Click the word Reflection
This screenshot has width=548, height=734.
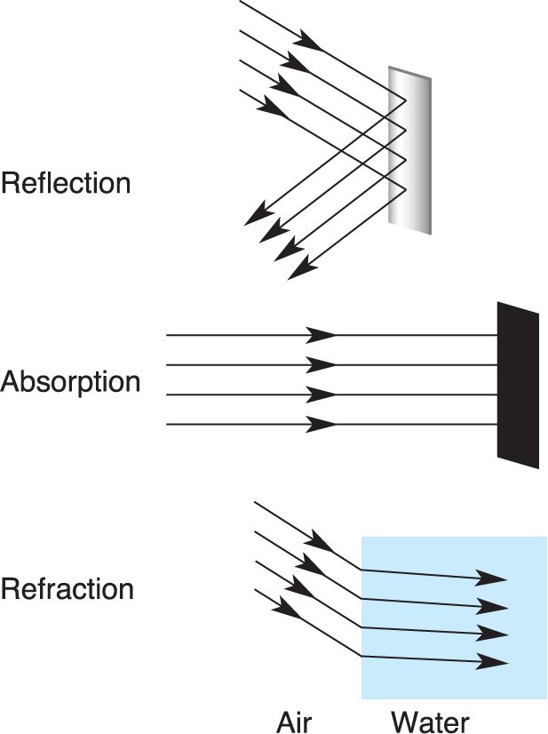click(x=66, y=182)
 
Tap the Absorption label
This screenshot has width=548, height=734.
click(x=70, y=382)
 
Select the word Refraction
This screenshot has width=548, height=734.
click(x=68, y=588)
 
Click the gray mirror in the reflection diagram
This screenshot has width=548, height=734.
click(x=410, y=150)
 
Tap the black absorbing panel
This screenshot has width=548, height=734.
click(x=518, y=385)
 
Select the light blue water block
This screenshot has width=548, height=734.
click(x=454, y=618)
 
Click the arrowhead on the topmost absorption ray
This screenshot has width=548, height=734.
click(x=322, y=335)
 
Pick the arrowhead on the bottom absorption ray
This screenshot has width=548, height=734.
click(x=322, y=425)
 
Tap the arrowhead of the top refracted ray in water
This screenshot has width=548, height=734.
click(x=492, y=578)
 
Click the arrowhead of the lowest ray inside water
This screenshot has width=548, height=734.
click(x=492, y=661)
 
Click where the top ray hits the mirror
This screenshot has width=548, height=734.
click(x=406, y=100)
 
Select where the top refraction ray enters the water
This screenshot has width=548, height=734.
click(x=361, y=570)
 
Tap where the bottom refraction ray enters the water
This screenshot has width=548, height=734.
click(x=361, y=656)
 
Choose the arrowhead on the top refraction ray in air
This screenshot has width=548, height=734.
click(x=319, y=542)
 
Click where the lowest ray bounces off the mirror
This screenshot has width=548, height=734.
click(x=406, y=188)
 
